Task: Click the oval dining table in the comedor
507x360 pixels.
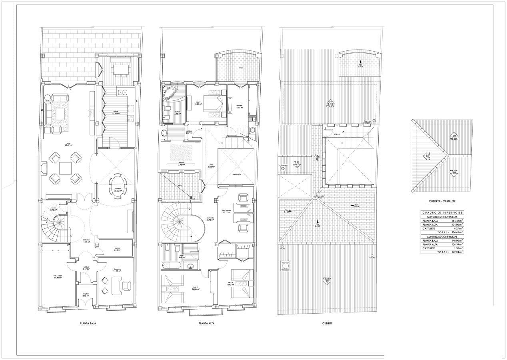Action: [x=117, y=184]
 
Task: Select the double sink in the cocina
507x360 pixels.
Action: [x=122, y=93]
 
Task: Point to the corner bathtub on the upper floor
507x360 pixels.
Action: [x=170, y=94]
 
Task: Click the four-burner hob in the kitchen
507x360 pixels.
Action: [x=130, y=118]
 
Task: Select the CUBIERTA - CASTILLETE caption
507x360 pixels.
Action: [x=442, y=202]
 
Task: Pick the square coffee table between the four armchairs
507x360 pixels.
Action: [x=65, y=168]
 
